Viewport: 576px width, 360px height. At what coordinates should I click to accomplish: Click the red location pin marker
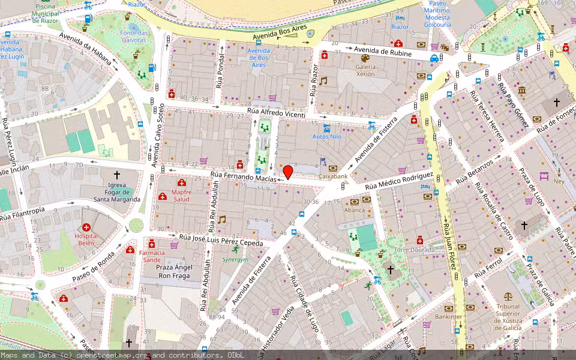(x=288, y=172)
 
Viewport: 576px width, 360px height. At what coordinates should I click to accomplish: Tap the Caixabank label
(x=333, y=177)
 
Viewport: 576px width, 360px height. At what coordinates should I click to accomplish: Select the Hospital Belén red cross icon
(x=87, y=228)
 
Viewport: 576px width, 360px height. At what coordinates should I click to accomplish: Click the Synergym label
(x=235, y=260)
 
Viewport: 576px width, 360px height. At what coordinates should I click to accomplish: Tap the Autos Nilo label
(x=327, y=137)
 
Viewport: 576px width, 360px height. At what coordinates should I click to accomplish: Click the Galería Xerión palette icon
(x=365, y=58)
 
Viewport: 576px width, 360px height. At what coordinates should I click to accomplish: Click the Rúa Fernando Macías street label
(x=243, y=178)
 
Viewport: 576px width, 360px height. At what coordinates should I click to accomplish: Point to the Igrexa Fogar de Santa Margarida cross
(x=117, y=174)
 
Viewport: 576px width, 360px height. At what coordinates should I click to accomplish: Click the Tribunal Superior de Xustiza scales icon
(x=508, y=296)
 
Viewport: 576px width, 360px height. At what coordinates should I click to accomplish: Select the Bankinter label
(x=448, y=316)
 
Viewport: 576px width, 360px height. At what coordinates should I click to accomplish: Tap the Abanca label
(x=354, y=210)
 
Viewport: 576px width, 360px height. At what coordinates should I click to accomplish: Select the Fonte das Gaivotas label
(x=133, y=36)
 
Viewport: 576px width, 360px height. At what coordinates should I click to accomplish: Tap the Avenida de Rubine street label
(x=382, y=52)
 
